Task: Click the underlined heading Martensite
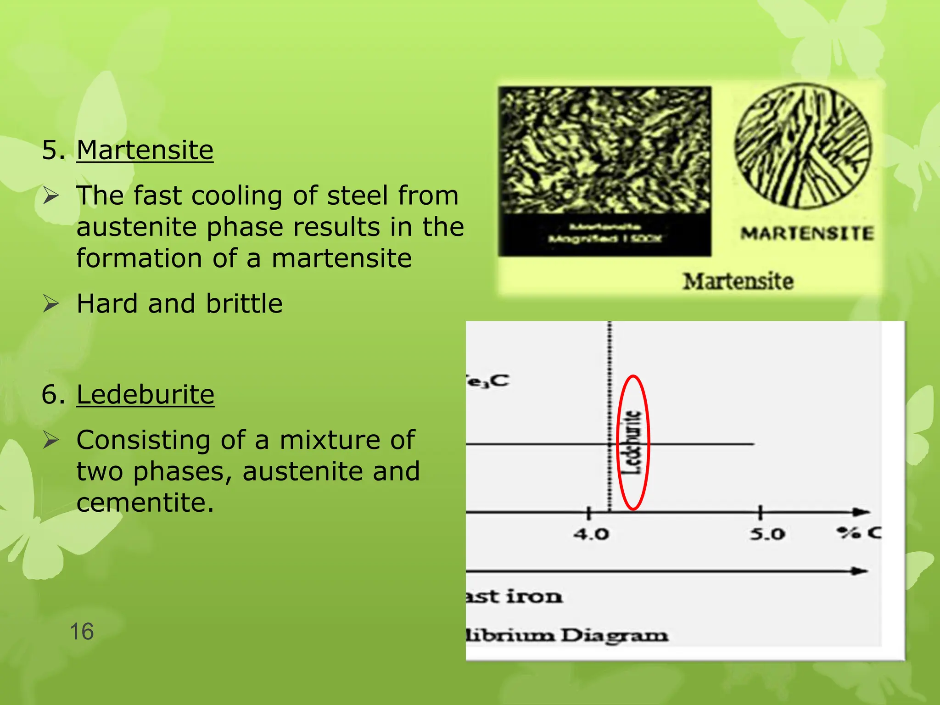pos(145,150)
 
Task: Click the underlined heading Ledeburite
pos(145,394)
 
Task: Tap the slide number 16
pos(82,632)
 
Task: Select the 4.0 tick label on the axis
pos(591,534)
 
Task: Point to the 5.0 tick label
pos(767,534)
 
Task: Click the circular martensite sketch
pos(803,146)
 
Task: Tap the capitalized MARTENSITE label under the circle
pos(806,234)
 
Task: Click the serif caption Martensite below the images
pos(738,281)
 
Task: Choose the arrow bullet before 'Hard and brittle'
pos(51,303)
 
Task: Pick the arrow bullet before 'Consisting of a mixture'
pos(51,440)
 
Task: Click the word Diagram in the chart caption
pos(615,636)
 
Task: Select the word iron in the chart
pos(534,597)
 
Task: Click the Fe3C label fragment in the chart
pos(487,381)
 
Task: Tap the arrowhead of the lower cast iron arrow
pos(859,571)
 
